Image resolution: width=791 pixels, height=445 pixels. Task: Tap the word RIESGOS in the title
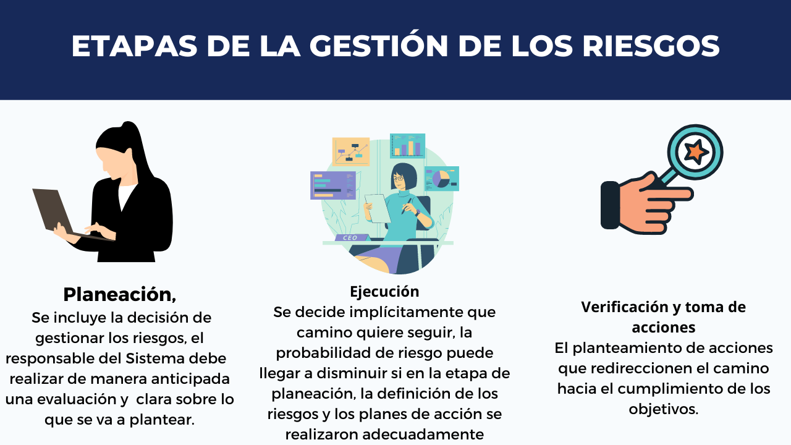click(x=651, y=46)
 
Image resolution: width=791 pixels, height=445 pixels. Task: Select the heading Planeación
click(x=120, y=295)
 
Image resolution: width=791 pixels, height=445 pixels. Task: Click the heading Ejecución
click(x=384, y=292)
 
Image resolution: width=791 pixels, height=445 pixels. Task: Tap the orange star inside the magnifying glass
click(x=696, y=152)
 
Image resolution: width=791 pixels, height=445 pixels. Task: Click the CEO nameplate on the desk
click(x=350, y=238)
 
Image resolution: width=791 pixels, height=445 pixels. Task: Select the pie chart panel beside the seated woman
click(x=442, y=179)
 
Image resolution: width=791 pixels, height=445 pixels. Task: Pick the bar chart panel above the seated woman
click(x=407, y=145)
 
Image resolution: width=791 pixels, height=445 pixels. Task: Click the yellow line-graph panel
click(x=351, y=151)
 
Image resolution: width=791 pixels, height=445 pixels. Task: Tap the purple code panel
click(x=333, y=185)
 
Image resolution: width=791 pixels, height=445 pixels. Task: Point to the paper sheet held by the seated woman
click(x=378, y=208)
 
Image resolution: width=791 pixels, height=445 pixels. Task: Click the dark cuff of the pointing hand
click(x=610, y=205)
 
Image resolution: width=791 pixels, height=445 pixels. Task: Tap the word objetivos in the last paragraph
click(x=664, y=409)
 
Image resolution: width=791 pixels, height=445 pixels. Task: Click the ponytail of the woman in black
click(x=140, y=148)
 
